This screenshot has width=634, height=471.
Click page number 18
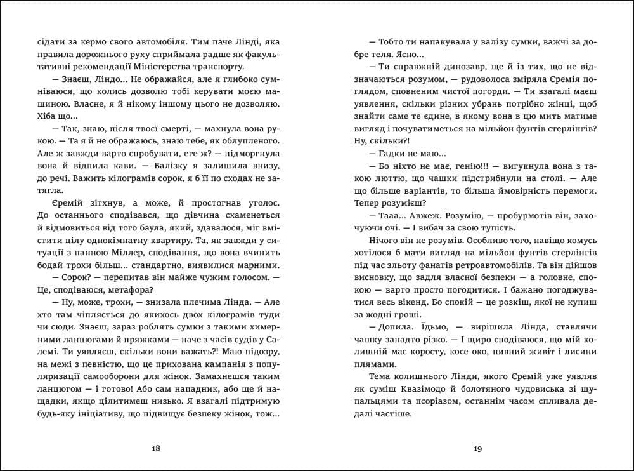tap(157, 449)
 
